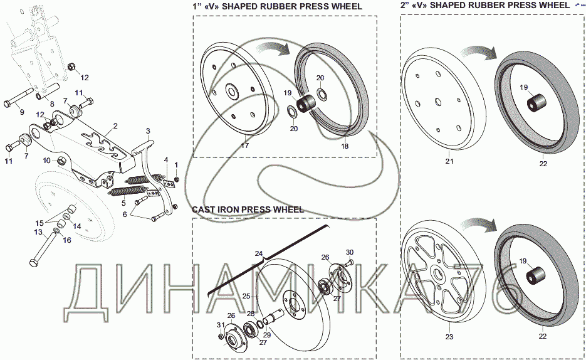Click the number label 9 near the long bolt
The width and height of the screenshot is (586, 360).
click(21, 112)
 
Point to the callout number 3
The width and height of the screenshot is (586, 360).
click(147, 130)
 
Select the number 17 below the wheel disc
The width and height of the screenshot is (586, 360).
click(244, 146)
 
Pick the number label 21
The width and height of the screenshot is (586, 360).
click(449, 162)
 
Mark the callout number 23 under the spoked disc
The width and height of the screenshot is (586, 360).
click(449, 336)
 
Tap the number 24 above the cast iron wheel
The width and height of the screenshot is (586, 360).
click(258, 254)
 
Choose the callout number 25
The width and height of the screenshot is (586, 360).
click(246, 295)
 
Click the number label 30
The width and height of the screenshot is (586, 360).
click(350, 251)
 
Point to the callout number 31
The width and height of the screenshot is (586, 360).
click(220, 324)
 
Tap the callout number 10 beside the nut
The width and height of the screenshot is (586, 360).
click(46, 161)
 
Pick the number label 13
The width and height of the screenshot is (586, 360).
click(38, 232)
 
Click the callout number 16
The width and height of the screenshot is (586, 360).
click(67, 240)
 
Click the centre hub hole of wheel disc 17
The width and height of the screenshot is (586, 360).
click(233, 92)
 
